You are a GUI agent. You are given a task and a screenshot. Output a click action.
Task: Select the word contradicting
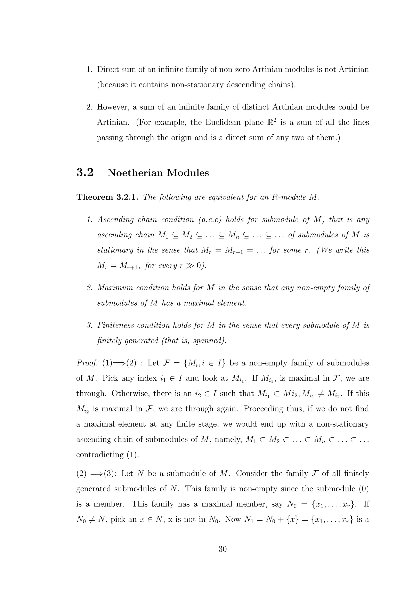tap(100, 455)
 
